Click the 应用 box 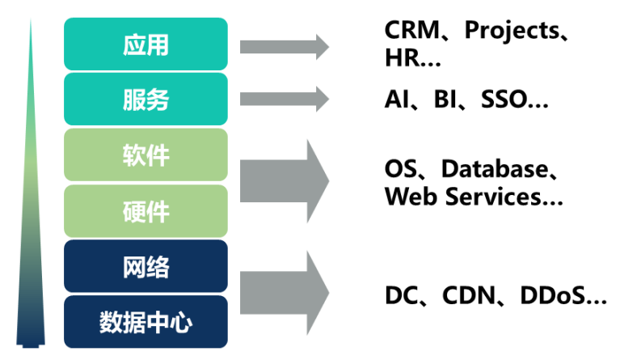146,44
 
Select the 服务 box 146,100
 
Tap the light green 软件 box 146,155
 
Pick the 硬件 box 146,210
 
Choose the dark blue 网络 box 146,266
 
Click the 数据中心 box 146,322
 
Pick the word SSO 507,100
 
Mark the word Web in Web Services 409,196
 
